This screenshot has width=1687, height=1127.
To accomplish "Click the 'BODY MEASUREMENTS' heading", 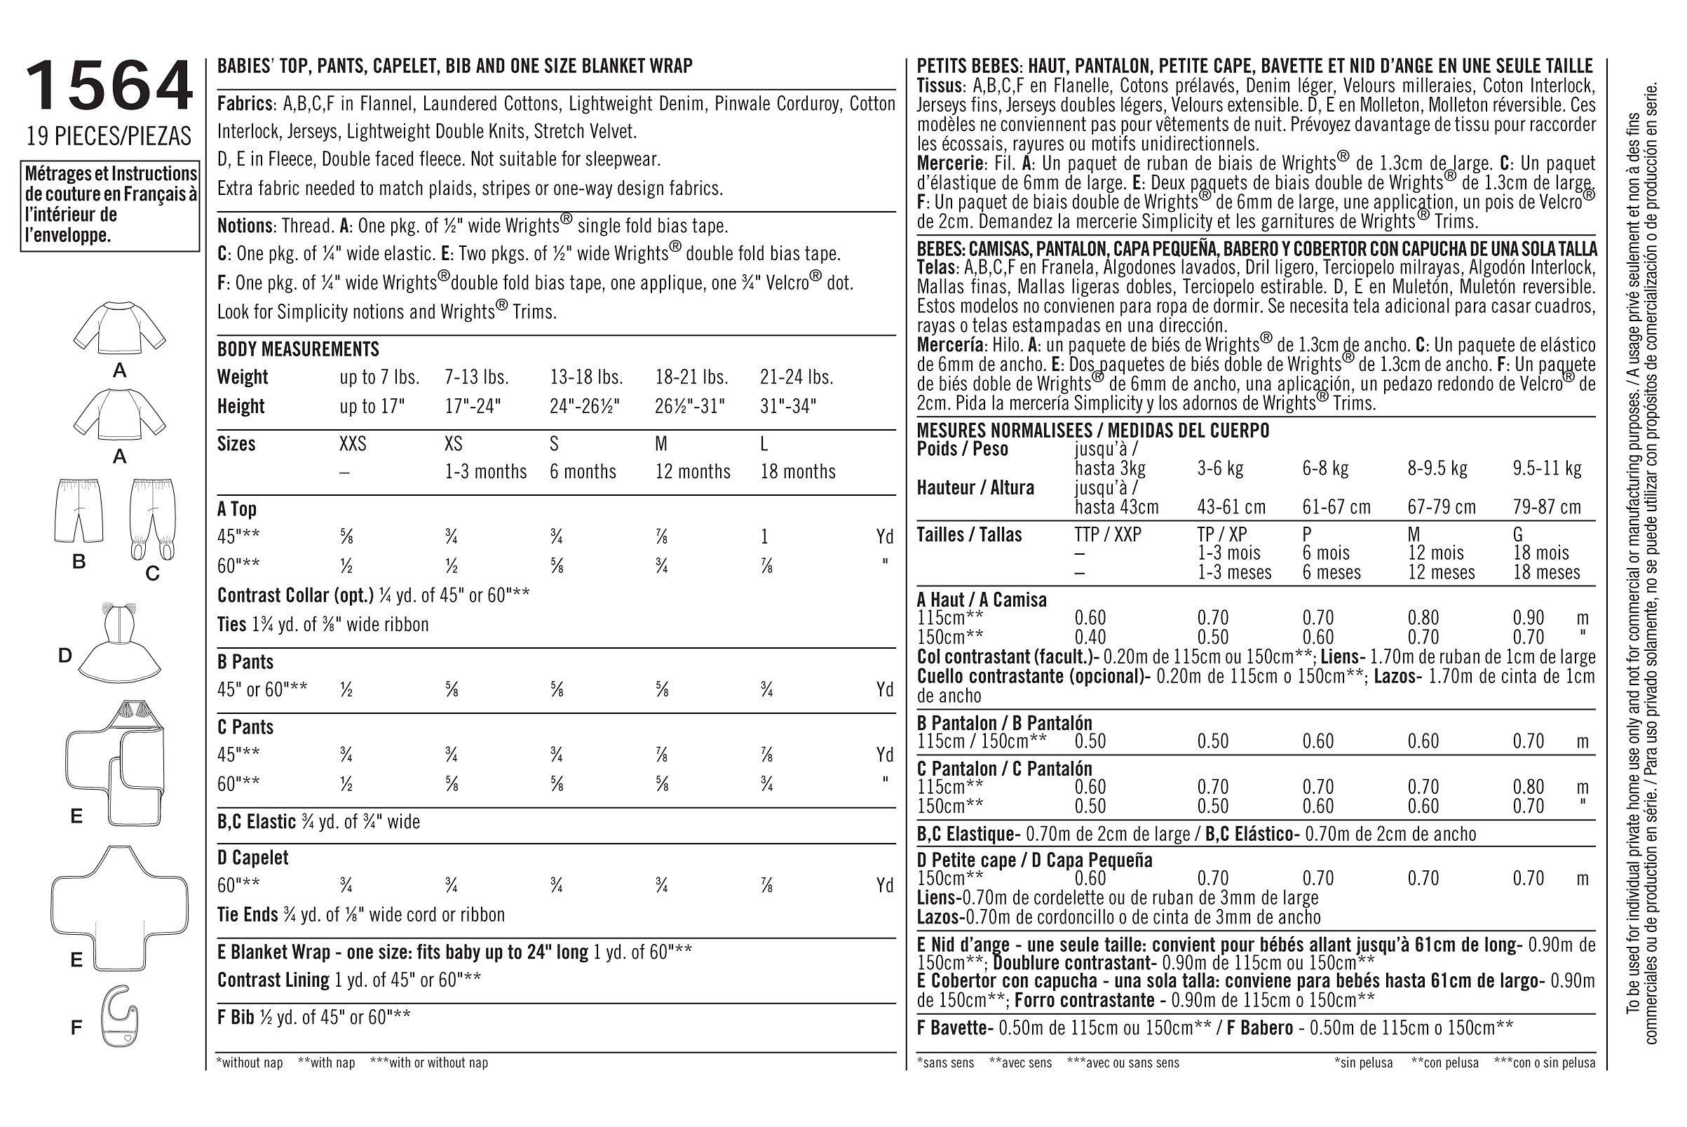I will [x=298, y=349].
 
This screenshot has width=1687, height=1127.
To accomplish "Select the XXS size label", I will [x=352, y=443].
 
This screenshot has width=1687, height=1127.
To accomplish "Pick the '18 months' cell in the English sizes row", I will [x=797, y=471].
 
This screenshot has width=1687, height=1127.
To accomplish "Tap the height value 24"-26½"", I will [x=585, y=406].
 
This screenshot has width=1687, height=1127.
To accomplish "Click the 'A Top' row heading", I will [x=236, y=509].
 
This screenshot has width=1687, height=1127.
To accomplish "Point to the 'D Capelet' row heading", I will [x=253, y=857].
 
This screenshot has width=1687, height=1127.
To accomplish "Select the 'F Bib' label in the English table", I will [x=238, y=1017].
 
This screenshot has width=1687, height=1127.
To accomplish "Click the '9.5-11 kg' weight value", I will [x=1547, y=468].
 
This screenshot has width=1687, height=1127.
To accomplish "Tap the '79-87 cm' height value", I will [x=1547, y=507].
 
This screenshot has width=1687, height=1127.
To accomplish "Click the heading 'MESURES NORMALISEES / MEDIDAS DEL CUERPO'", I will [x=1093, y=431].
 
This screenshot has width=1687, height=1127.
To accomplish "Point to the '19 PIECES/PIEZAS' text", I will [x=109, y=136].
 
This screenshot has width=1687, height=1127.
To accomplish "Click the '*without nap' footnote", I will [x=250, y=1062].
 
